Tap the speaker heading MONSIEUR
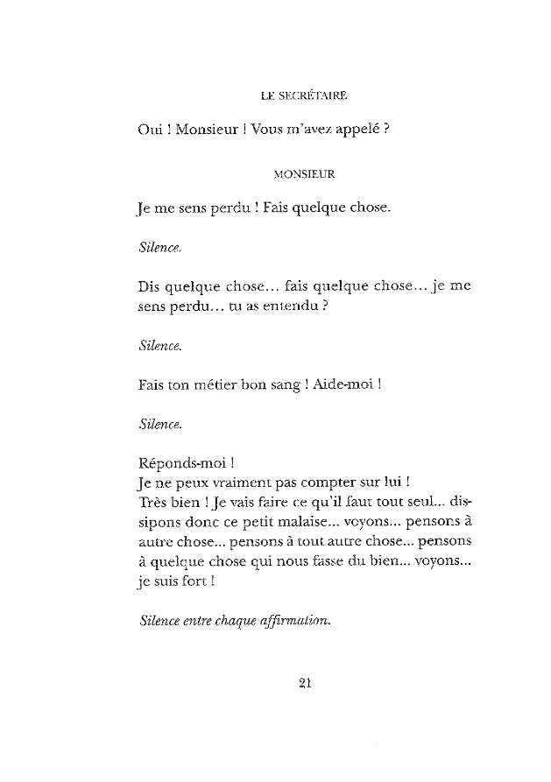[305, 173]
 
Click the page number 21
[307, 684]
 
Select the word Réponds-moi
[183, 461]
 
